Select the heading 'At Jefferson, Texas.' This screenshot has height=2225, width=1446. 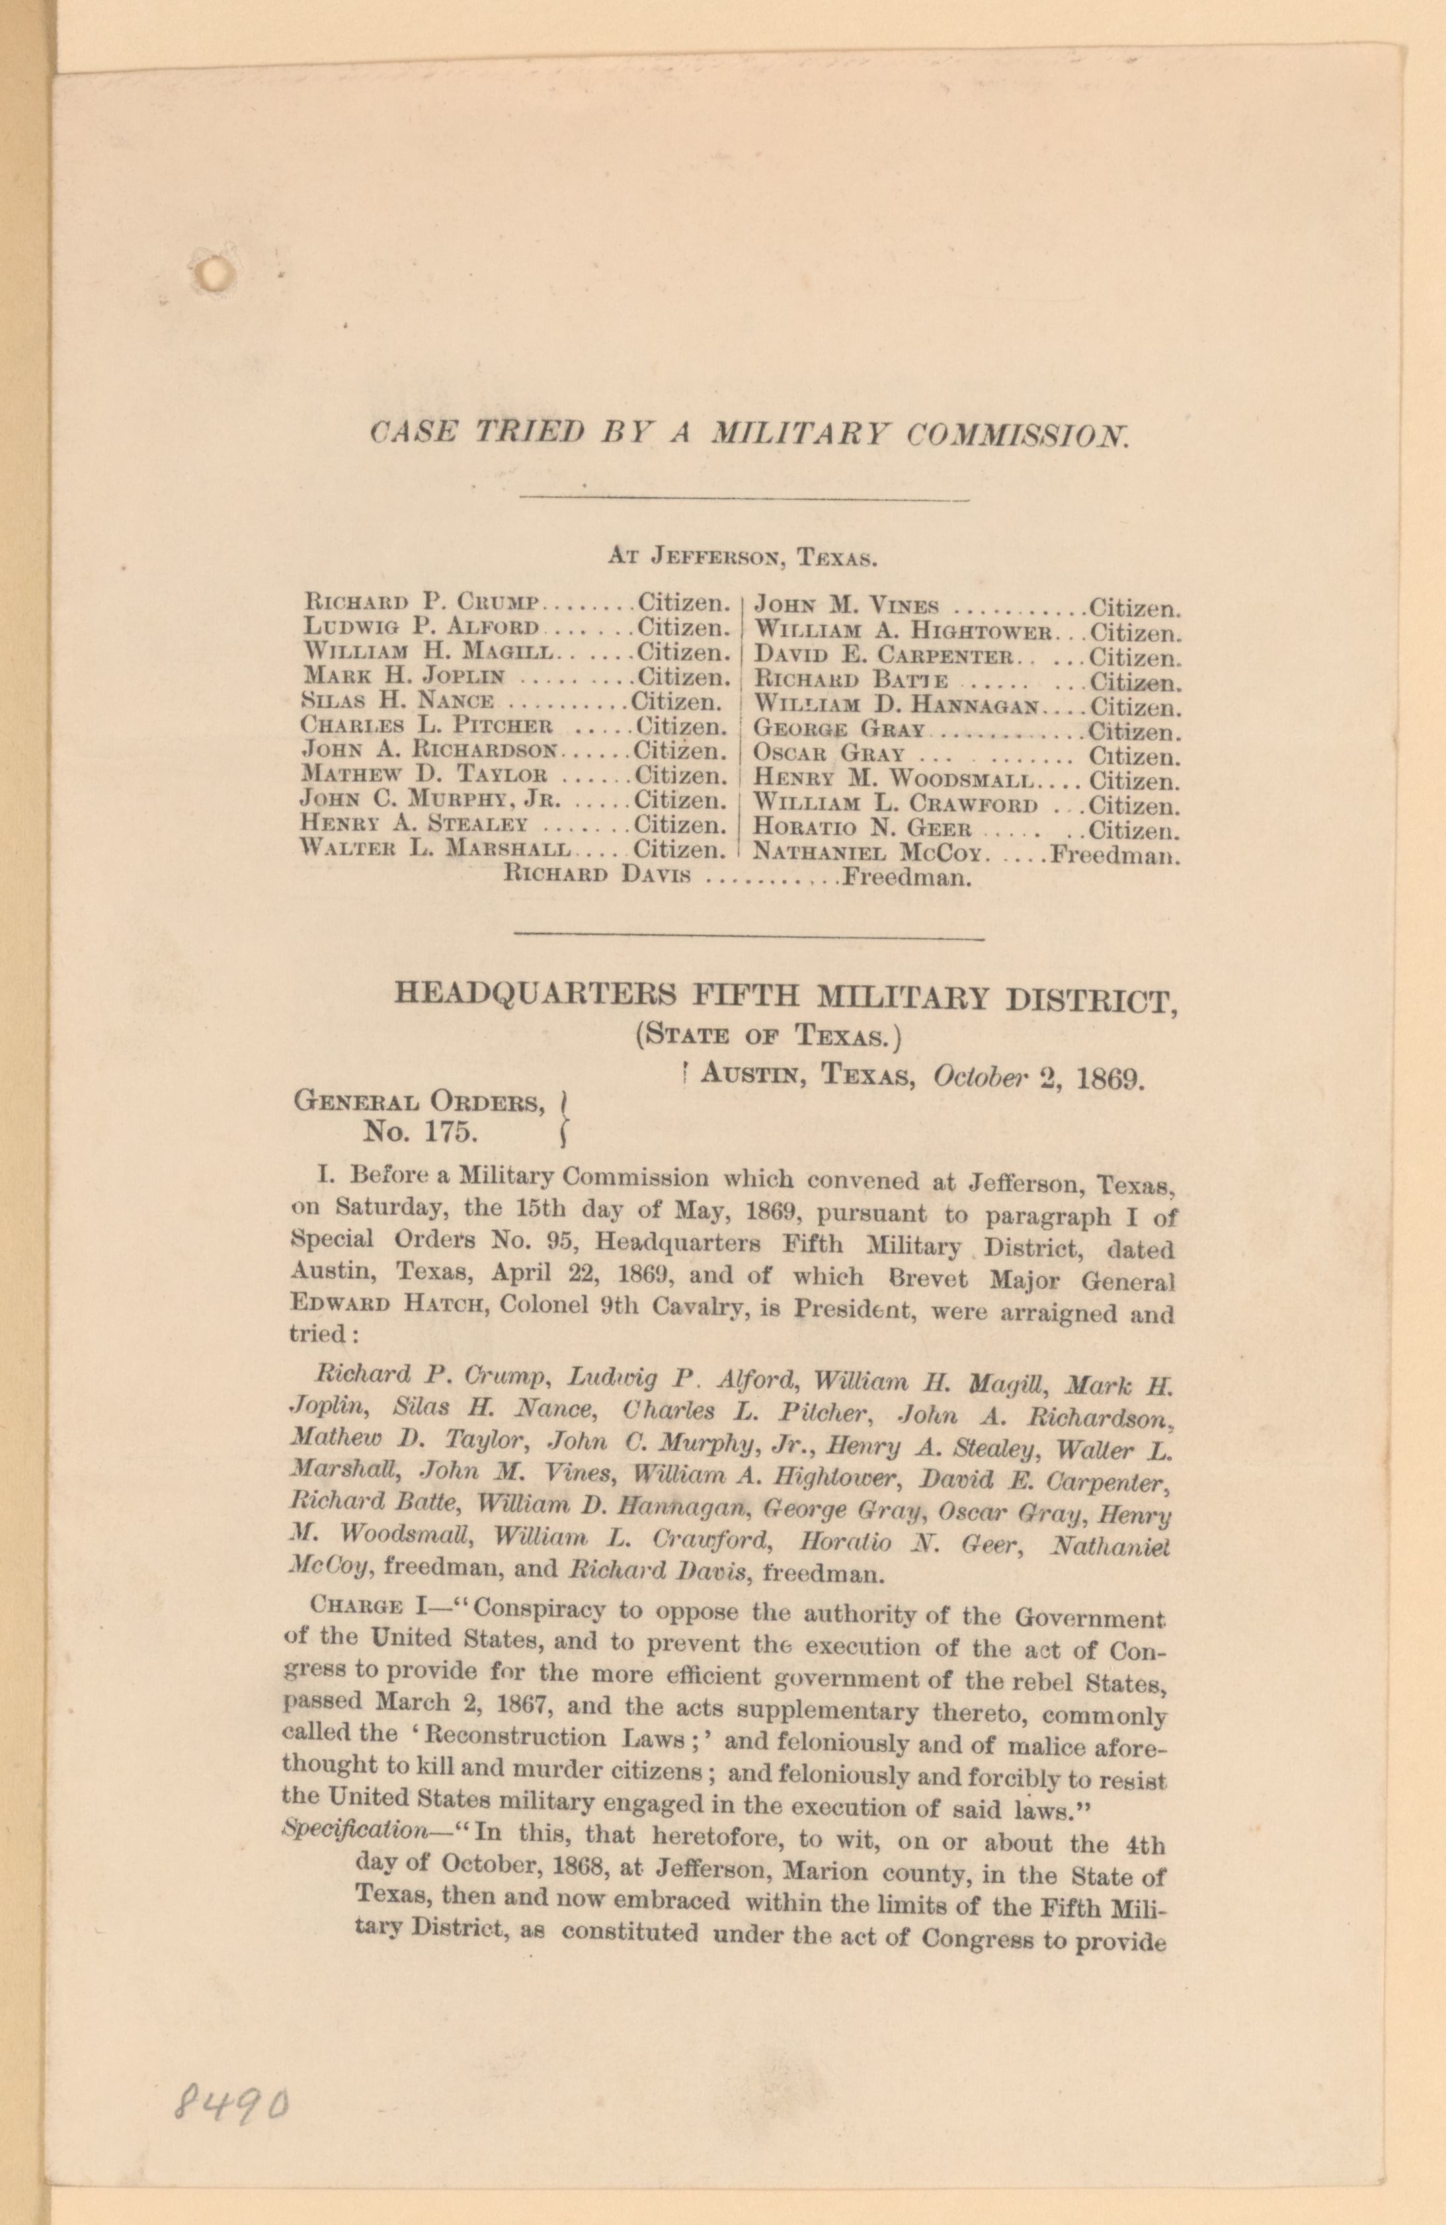pyautogui.click(x=741, y=558)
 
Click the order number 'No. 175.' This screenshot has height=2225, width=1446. pyautogui.click(x=421, y=1133)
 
